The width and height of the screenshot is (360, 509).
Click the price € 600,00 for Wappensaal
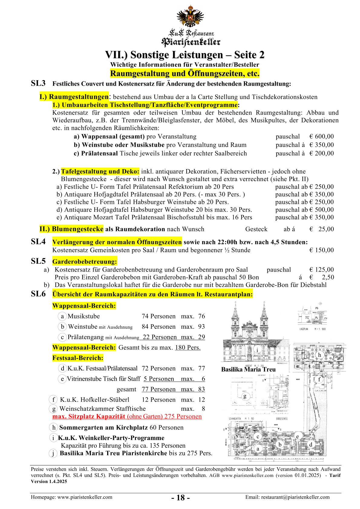(x=322, y=137)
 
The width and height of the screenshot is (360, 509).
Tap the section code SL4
(x=38, y=242)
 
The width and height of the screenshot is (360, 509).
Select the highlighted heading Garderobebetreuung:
(x=84, y=262)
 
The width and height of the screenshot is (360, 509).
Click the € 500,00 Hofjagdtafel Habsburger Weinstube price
(x=322, y=210)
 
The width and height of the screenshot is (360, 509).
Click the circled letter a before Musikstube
(x=62, y=316)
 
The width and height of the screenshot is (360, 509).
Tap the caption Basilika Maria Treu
(x=248, y=369)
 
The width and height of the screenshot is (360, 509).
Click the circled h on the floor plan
(x=319, y=355)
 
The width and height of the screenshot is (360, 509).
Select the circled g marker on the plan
(x=245, y=396)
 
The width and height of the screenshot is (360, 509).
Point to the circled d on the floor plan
(x=311, y=444)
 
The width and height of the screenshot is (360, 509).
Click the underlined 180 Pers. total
(x=188, y=347)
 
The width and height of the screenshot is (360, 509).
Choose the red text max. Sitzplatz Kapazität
(x=89, y=416)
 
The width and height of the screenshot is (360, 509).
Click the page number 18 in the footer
(x=181, y=498)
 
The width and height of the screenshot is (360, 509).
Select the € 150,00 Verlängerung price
(x=322, y=250)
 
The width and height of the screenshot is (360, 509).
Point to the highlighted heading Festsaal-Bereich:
(x=78, y=358)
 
